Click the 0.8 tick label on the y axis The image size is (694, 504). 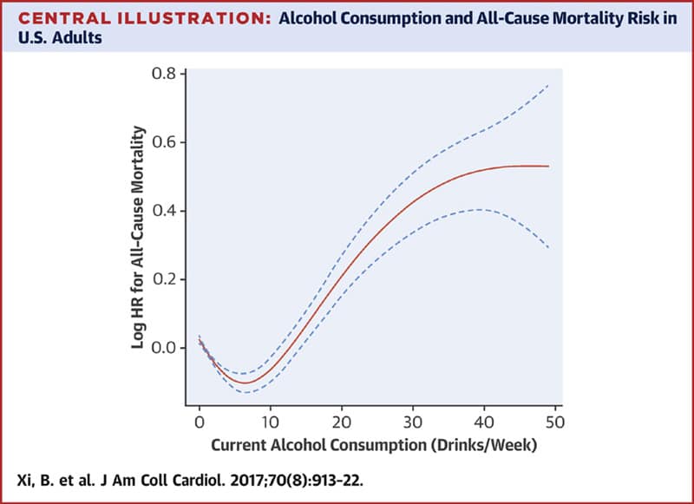[x=163, y=74]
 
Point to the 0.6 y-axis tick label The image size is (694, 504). [x=163, y=142]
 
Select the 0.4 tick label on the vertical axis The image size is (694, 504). [x=163, y=211]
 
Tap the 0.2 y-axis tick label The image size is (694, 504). [x=163, y=279]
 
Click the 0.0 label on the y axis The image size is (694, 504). [x=163, y=348]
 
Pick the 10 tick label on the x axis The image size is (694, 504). [x=270, y=422]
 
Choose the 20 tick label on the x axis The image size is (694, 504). [x=342, y=422]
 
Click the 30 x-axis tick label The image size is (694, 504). [x=413, y=422]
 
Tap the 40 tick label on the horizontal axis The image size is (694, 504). [x=484, y=422]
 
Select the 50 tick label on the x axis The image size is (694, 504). [x=555, y=422]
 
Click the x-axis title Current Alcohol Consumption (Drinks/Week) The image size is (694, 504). [x=374, y=445]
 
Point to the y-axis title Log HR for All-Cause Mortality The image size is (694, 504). [x=139, y=237]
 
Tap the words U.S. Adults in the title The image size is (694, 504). [x=60, y=38]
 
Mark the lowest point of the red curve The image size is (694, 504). [x=245, y=383]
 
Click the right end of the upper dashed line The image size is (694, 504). [x=549, y=84]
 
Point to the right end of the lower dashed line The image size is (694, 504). [x=549, y=248]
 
